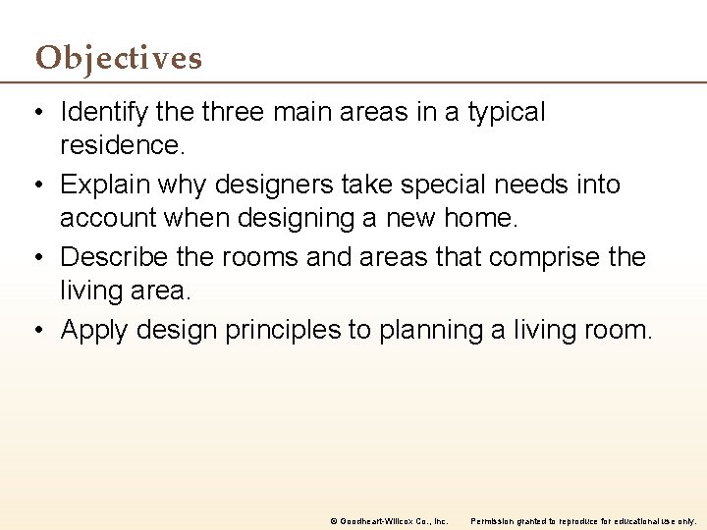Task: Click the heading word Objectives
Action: coord(119,59)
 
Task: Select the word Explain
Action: coord(99,185)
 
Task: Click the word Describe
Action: coord(108,257)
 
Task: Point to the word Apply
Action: coord(94,330)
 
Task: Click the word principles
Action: coord(284,330)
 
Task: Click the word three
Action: coord(233,112)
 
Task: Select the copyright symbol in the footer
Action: coord(333,520)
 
